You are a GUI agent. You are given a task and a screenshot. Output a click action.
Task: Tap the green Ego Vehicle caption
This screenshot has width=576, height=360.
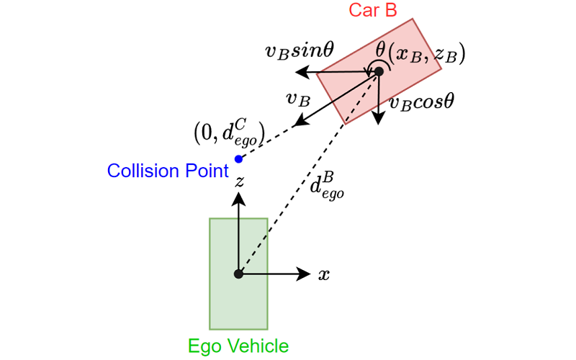pyautogui.click(x=238, y=346)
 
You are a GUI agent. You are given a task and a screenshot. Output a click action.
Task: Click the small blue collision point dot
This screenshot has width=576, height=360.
pyautogui.click(x=238, y=158)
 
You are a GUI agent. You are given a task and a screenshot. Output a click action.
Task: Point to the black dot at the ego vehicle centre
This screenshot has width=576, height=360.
pyautogui.click(x=238, y=274)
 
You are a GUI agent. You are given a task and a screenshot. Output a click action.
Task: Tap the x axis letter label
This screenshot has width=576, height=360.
pyautogui.click(x=324, y=274)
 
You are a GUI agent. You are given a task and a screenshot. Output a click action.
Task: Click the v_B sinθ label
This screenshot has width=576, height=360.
pyautogui.click(x=297, y=51)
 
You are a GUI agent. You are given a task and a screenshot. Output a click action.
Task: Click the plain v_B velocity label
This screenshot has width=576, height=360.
pyautogui.click(x=298, y=99)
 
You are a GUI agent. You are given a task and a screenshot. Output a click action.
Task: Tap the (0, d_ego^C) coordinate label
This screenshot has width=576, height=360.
pyautogui.click(x=230, y=130)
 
